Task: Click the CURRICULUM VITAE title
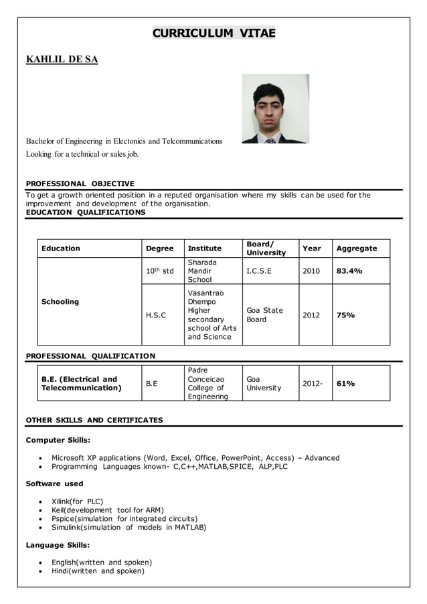pyautogui.click(x=213, y=33)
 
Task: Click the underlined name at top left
pyautogui.click(x=62, y=60)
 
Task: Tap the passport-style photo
pyautogui.click(x=275, y=108)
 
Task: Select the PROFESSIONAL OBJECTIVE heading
pyautogui.click(x=80, y=183)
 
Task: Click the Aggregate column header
pyautogui.click(x=356, y=248)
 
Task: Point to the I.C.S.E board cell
pyautogui.click(x=259, y=271)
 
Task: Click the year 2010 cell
pyautogui.click(x=311, y=271)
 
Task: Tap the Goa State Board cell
pyautogui.click(x=264, y=315)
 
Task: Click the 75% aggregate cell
pyautogui.click(x=345, y=315)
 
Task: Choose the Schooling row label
pyautogui.click(x=60, y=302)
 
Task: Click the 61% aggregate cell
pyautogui.click(x=345, y=384)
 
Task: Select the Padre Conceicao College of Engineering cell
pyautogui.click(x=207, y=384)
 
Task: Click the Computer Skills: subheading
pyautogui.click(x=58, y=440)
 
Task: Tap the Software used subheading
pyautogui.click(x=54, y=483)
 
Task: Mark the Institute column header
pyautogui.click(x=204, y=248)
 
